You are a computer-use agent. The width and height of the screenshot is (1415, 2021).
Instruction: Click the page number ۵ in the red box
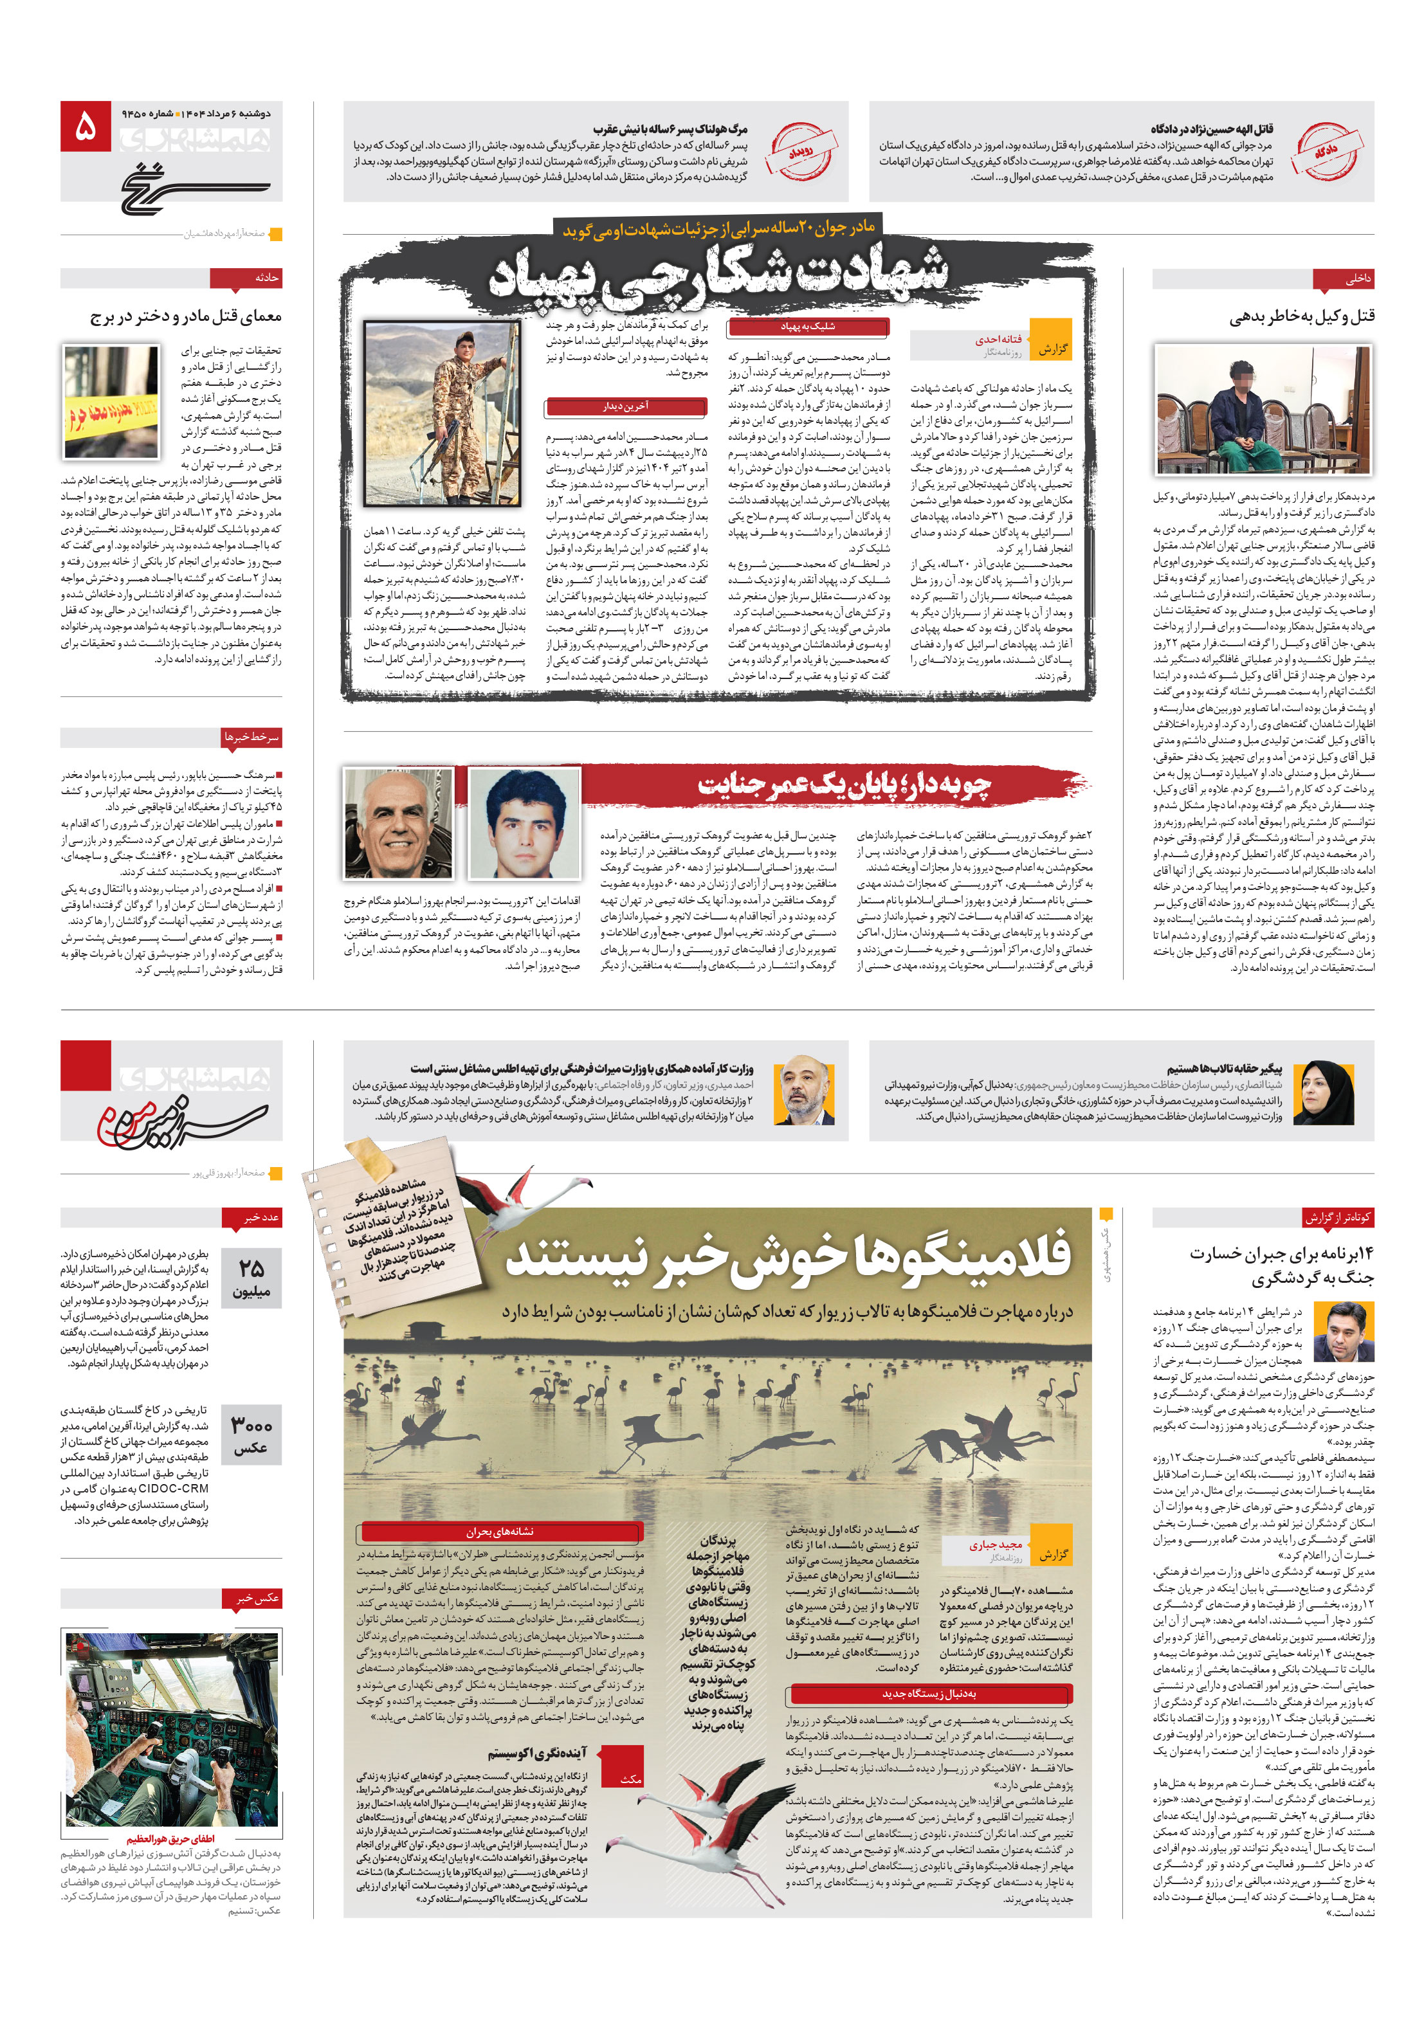[86, 127]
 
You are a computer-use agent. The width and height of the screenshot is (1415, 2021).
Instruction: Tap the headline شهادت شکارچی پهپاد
[718, 271]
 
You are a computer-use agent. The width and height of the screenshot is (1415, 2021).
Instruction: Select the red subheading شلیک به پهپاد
[807, 327]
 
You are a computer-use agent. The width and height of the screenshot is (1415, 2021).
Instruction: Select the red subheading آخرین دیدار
[625, 406]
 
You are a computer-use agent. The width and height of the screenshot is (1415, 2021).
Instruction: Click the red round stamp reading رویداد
[800, 151]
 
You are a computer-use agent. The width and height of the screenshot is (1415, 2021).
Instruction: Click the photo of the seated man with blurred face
[1262, 410]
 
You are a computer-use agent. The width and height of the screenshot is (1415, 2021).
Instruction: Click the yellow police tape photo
[111, 401]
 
